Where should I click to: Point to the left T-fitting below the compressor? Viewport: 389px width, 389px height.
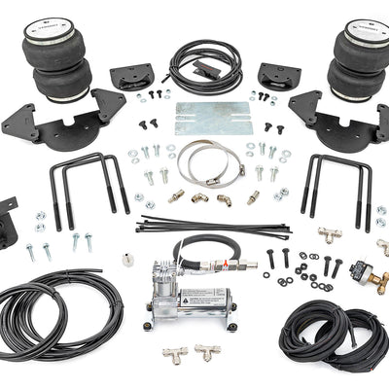pos(177,356)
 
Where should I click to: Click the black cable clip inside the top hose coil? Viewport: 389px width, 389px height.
pos(208,70)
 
